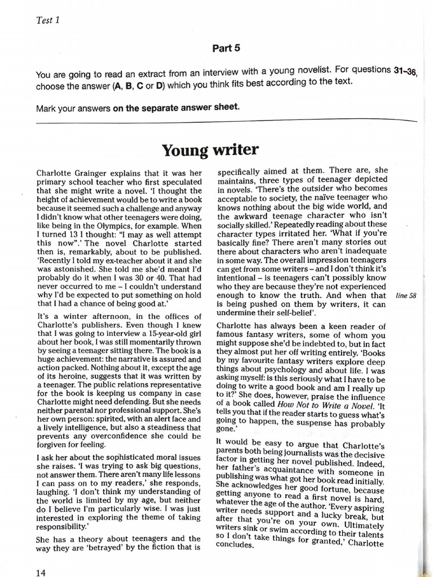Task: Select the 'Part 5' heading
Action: pos(226,48)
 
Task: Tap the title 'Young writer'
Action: pos(210,150)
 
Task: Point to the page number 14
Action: pos(40,572)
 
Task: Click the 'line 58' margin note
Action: pos(406,295)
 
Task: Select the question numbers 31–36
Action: pos(404,70)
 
